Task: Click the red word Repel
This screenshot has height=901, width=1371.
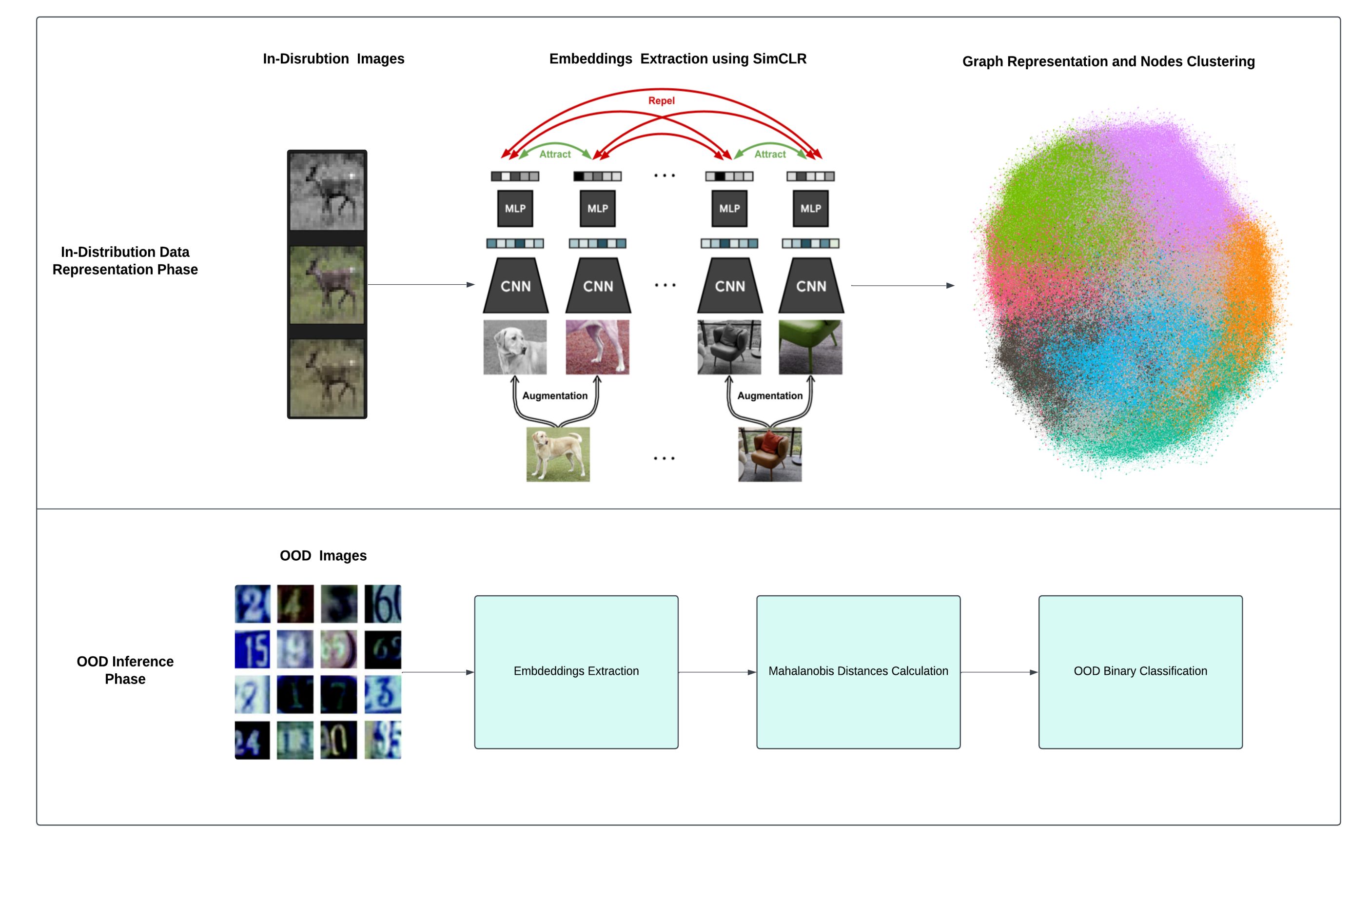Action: click(x=661, y=101)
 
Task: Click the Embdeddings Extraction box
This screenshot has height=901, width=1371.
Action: click(x=576, y=672)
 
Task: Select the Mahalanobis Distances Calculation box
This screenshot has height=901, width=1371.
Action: click(x=858, y=672)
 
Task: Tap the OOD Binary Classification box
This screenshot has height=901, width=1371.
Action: click(x=1140, y=672)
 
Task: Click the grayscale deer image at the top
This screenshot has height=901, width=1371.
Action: click(x=327, y=191)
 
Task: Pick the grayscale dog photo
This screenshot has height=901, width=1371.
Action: click(x=515, y=347)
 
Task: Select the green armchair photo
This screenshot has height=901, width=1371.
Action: click(x=810, y=347)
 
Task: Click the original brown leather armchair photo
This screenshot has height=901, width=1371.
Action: click(x=770, y=454)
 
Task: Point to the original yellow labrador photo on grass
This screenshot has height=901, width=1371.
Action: click(x=558, y=454)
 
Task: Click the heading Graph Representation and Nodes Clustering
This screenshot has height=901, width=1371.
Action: click(x=1108, y=61)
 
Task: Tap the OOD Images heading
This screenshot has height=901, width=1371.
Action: click(x=323, y=556)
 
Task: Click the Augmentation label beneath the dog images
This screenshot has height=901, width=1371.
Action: click(x=555, y=396)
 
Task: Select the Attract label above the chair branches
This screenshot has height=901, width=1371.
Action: click(x=770, y=155)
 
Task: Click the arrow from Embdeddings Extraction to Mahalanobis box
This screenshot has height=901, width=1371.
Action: click(x=717, y=672)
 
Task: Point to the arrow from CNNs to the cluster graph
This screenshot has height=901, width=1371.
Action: click(x=902, y=285)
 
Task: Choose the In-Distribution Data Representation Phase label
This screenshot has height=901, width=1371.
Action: click(x=125, y=261)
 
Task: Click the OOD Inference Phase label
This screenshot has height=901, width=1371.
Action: click(x=125, y=670)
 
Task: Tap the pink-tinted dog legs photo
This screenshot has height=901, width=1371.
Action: click(x=597, y=347)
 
